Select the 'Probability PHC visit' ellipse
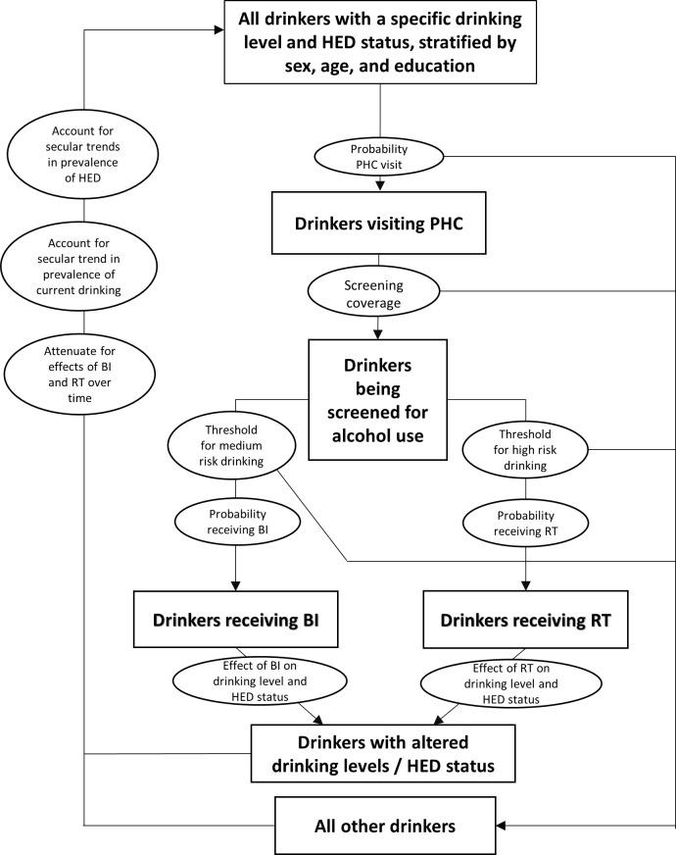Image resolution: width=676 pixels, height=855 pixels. click(379, 154)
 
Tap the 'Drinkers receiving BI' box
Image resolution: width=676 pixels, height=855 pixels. click(234, 621)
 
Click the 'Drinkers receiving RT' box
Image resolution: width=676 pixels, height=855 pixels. click(526, 621)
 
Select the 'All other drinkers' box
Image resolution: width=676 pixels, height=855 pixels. click(379, 826)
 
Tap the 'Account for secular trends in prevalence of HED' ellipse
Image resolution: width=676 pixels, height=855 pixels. click(83, 157)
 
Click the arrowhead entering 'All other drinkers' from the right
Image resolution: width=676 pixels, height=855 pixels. click(505, 826)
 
